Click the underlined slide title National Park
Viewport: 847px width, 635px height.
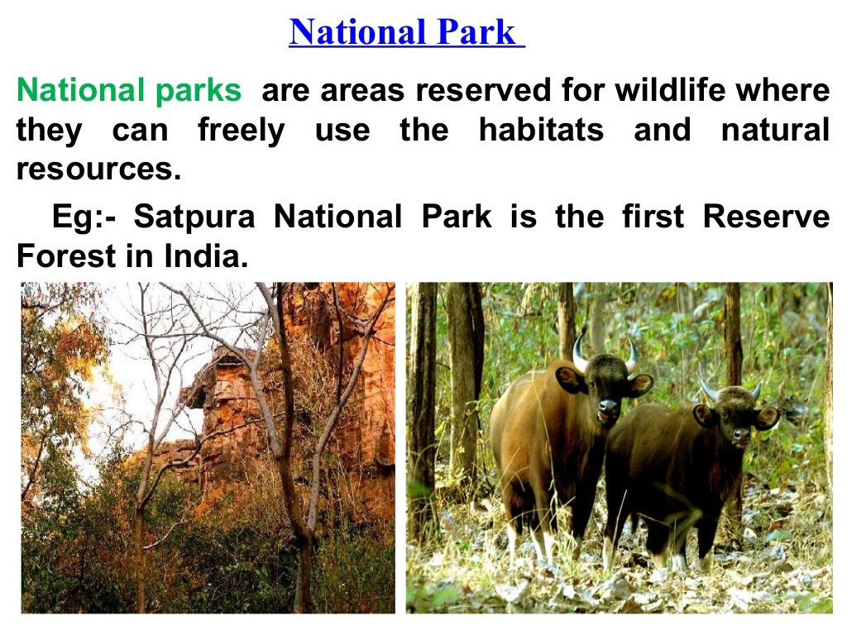[405, 33]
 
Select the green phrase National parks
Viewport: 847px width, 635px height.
[129, 90]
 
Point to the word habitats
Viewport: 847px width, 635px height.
[541, 131]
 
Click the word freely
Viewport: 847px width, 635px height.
[240, 131]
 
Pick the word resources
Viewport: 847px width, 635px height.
[98, 170]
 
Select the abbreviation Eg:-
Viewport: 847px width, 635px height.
[84, 217]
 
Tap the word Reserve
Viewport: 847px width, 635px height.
[766, 217]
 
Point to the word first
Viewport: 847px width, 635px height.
[653, 217]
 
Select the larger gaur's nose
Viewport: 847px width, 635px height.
[608, 408]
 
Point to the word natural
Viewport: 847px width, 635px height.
[775, 131]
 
